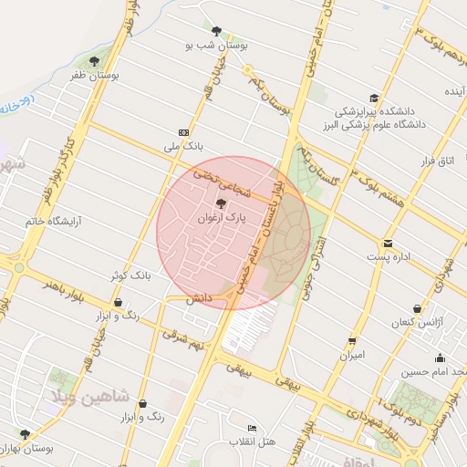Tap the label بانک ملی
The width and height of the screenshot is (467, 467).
point(181,146)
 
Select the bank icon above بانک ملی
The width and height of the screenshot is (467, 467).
point(183,131)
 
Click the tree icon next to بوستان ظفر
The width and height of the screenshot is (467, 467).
point(95,62)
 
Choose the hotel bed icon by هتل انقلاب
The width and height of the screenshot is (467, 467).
point(253,428)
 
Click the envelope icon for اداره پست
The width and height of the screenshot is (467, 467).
point(389,243)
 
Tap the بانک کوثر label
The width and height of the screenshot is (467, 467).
point(129,275)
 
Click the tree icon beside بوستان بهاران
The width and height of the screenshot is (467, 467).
point(25,434)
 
